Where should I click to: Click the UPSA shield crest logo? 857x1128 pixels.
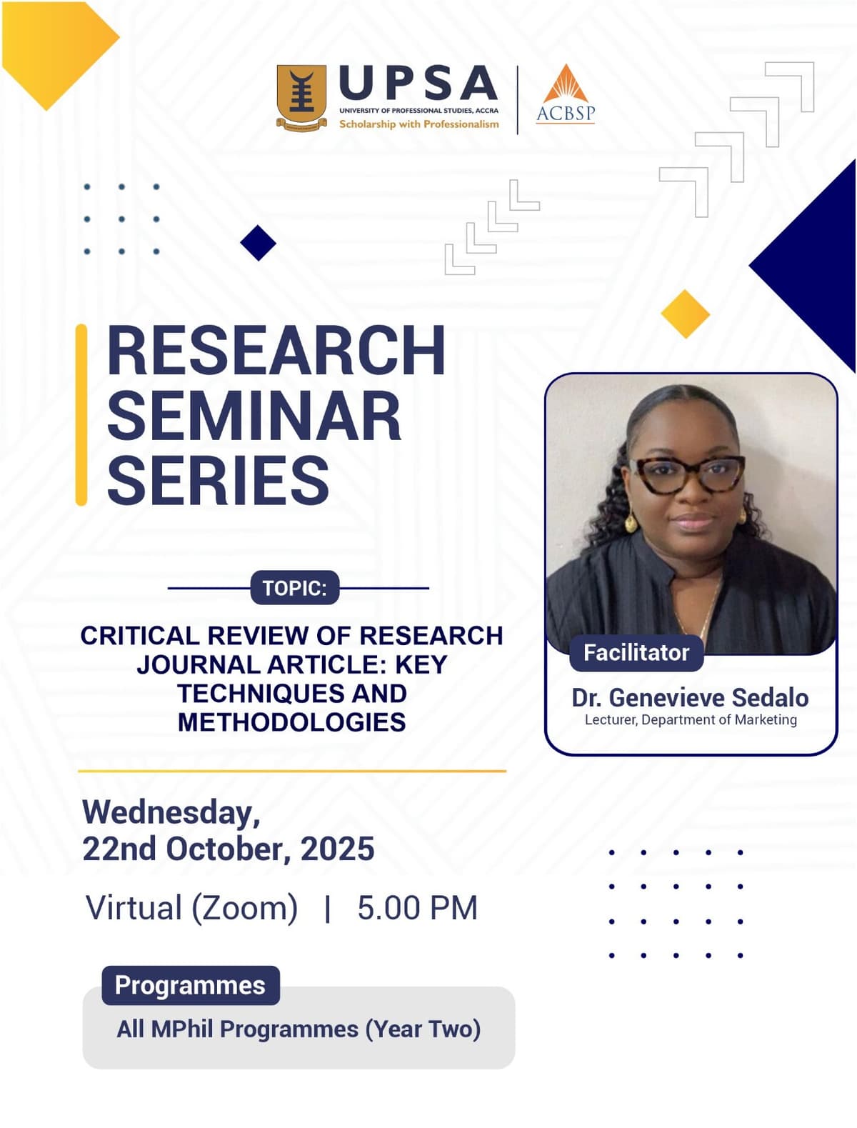pyautogui.click(x=301, y=98)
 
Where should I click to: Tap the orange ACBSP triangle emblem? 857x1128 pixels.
pyautogui.click(x=565, y=84)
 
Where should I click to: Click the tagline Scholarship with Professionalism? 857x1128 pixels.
pyautogui.click(x=419, y=124)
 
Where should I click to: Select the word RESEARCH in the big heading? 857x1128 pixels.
pyautogui.click(x=276, y=351)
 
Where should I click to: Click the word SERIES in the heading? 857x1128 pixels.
pyautogui.click(x=218, y=480)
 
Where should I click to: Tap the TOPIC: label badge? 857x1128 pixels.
pyautogui.click(x=294, y=587)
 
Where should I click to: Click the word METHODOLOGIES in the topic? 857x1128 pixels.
pyautogui.click(x=292, y=722)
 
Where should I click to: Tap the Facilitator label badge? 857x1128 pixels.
pyautogui.click(x=636, y=653)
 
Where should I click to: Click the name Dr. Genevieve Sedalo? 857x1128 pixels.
pyautogui.click(x=690, y=698)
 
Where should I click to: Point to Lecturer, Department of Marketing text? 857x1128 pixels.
pyautogui.click(x=691, y=720)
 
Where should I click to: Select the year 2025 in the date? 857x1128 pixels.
pyautogui.click(x=337, y=849)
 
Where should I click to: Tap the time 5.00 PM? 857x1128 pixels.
pyautogui.click(x=417, y=907)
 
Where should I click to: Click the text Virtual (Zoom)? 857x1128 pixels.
pyautogui.click(x=191, y=908)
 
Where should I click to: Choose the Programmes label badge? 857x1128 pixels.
pyautogui.click(x=191, y=985)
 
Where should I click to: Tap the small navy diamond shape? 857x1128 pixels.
pyautogui.click(x=258, y=243)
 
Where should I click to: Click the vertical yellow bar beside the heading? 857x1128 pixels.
pyautogui.click(x=81, y=415)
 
